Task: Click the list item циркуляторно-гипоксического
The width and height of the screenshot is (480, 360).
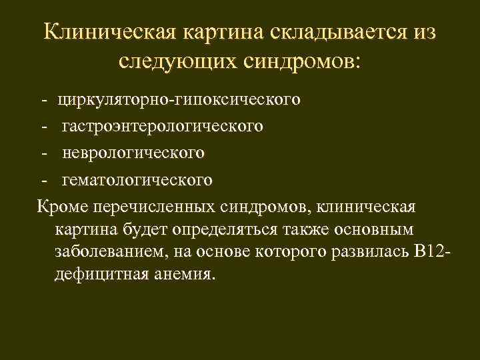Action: point(179,100)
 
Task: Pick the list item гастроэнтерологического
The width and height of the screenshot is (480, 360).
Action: point(163,126)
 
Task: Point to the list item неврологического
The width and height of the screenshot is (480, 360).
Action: point(133,153)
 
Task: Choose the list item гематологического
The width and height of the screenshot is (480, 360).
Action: point(138,179)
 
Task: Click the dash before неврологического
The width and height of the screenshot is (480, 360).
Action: point(43,153)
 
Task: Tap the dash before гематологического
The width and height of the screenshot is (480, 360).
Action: point(43,179)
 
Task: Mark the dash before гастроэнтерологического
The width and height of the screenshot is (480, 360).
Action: point(43,126)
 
